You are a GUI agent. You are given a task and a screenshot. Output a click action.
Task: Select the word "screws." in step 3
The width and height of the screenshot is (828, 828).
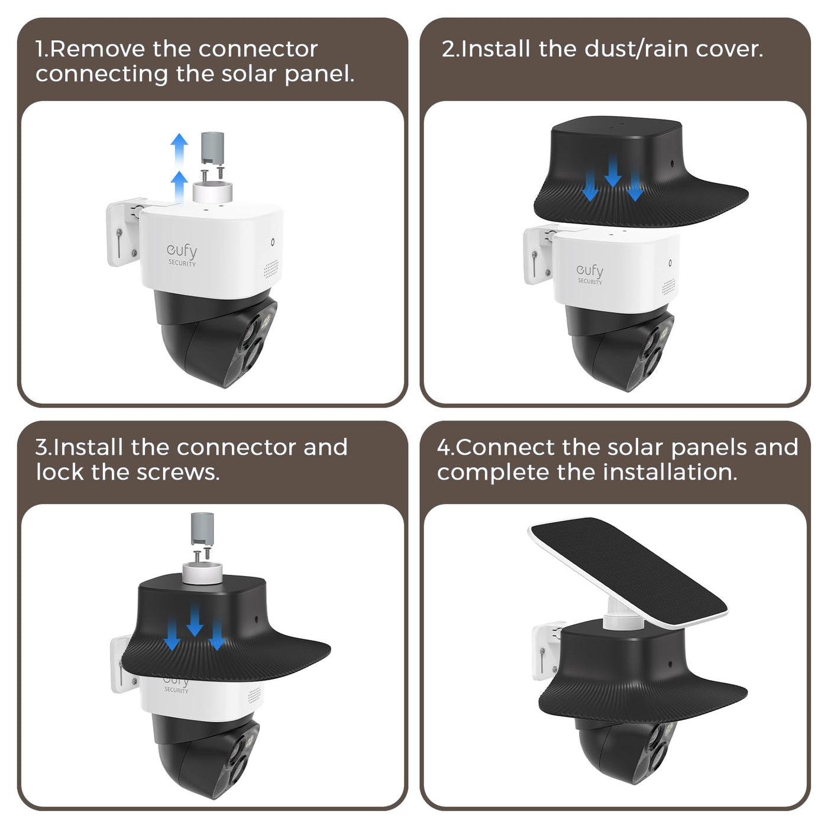(x=178, y=473)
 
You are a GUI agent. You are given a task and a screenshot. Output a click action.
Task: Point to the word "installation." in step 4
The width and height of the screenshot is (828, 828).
(x=670, y=472)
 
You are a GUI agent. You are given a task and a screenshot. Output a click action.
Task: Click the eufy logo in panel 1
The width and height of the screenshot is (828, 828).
(x=182, y=255)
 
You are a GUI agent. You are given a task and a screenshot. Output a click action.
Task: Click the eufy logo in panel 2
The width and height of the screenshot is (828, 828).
(x=590, y=273)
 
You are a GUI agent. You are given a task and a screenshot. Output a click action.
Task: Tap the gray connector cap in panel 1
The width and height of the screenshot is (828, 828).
(x=213, y=148)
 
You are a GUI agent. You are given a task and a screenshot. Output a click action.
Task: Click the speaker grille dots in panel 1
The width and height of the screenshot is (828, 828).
(x=271, y=269)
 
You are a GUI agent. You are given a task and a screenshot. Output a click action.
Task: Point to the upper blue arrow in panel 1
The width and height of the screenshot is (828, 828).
(x=179, y=148)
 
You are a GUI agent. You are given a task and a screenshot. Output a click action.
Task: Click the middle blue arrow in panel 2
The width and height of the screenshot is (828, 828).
(x=613, y=171)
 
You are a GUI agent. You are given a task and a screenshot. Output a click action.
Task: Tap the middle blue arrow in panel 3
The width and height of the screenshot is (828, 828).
(x=195, y=619)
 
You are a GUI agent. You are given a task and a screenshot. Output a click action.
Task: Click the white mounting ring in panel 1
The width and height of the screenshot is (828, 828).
(x=212, y=192)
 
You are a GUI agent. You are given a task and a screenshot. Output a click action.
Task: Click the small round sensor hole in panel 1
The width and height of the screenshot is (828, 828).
(x=273, y=242)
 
